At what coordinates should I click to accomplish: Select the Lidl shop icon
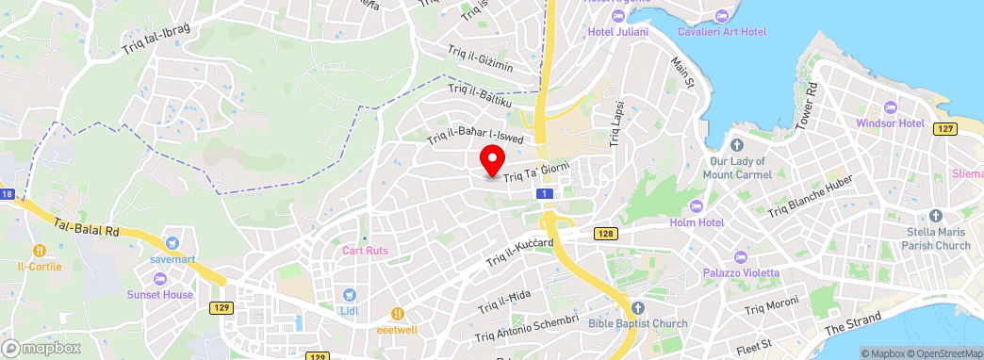[349, 295]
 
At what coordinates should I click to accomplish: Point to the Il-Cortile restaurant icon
[40, 251]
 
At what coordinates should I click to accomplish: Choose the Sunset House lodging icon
[159, 279]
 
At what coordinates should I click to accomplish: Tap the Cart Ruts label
[365, 250]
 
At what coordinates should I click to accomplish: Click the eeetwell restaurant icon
[398, 313]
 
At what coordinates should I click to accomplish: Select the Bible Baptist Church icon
[638, 308]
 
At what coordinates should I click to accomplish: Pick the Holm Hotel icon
[697, 206]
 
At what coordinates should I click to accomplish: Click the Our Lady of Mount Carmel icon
[737, 145]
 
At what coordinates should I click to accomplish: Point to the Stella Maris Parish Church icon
[934, 216]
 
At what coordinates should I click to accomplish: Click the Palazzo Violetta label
[741, 272]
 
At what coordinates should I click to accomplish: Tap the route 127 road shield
[944, 128]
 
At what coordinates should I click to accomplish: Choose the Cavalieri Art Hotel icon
[722, 16]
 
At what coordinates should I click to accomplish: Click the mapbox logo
[41, 348]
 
